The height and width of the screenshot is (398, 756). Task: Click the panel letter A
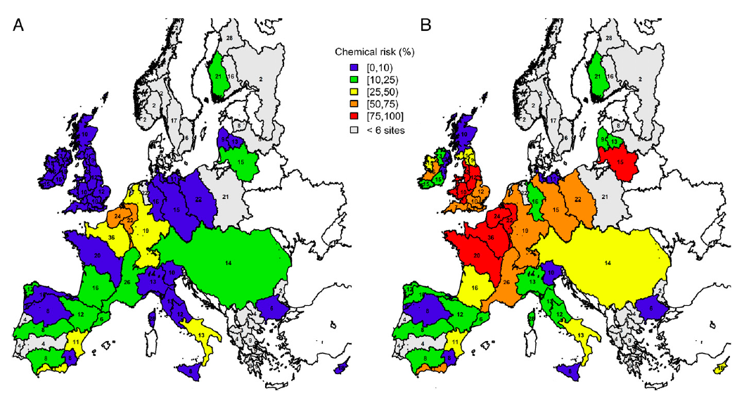[x=20, y=26]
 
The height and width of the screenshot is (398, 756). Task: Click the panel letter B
[x=425, y=26]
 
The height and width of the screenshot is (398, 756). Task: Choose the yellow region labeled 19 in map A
[x=147, y=230]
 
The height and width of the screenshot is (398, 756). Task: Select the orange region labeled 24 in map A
[x=118, y=215]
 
